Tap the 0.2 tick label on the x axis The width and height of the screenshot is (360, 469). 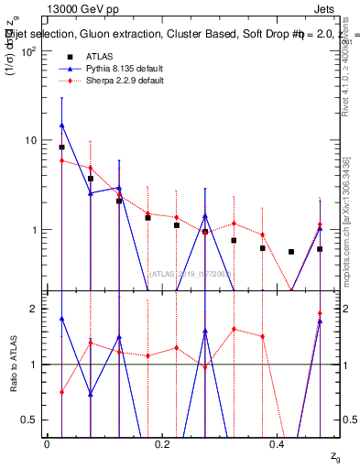pyautogui.click(x=162, y=443)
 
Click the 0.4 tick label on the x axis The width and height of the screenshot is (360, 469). pyautogui.click(x=278, y=443)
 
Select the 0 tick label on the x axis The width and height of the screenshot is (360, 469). pyautogui.click(x=47, y=443)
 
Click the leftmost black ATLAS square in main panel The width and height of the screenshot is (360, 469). pyautogui.click(x=61, y=147)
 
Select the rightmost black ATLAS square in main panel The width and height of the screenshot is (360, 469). pyautogui.click(x=320, y=248)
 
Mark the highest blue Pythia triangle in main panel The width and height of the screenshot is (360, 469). pyautogui.click(x=61, y=125)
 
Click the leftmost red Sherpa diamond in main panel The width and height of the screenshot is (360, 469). pyautogui.click(x=61, y=160)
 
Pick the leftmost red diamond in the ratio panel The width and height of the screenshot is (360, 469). pyautogui.click(x=61, y=392)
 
